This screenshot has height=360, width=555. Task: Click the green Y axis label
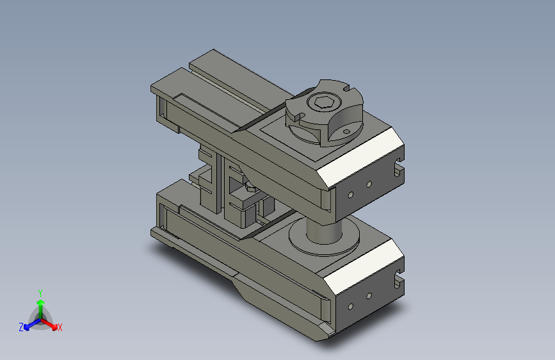click(40, 291)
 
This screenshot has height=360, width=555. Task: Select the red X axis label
click(60, 327)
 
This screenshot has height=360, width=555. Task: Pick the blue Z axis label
click(21, 327)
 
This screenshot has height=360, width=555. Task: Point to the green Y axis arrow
click(40, 304)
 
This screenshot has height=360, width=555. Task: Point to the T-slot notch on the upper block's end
click(399, 170)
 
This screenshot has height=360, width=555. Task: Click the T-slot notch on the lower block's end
click(399, 280)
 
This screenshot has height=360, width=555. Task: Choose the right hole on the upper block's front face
click(369, 184)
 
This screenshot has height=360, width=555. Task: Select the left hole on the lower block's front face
click(350, 305)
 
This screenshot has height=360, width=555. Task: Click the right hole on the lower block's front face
click(369, 296)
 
